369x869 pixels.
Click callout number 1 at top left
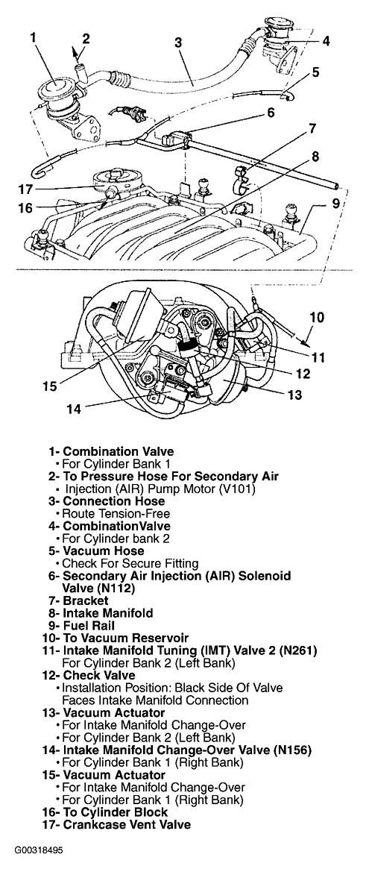tap(34, 38)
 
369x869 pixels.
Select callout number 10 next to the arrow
tap(316, 318)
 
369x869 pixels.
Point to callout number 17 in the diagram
tap(23, 189)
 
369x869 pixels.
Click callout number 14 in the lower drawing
tap(74, 409)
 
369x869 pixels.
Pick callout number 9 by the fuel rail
tap(335, 203)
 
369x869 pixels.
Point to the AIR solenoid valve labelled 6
tap(177, 135)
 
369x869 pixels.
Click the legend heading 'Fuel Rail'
tap(89, 626)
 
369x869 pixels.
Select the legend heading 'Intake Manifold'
tap(108, 613)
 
